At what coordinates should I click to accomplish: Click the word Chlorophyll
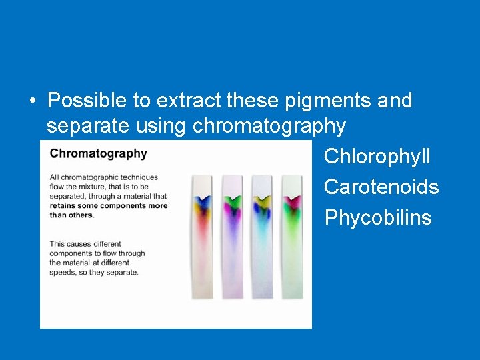pos(377,157)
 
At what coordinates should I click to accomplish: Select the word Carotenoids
pos(381,187)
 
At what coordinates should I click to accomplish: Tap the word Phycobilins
pos(378,218)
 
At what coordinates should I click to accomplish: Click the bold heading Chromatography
pos(98,153)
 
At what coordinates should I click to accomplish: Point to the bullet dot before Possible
pos(32,101)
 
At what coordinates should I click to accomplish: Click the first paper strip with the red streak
pos(202,240)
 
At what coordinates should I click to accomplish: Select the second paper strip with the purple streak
pos(232,240)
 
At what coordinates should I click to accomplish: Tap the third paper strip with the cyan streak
pos(262,240)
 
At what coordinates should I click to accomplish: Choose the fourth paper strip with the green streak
pos(292,240)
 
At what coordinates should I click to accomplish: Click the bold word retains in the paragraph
pos(65,206)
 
